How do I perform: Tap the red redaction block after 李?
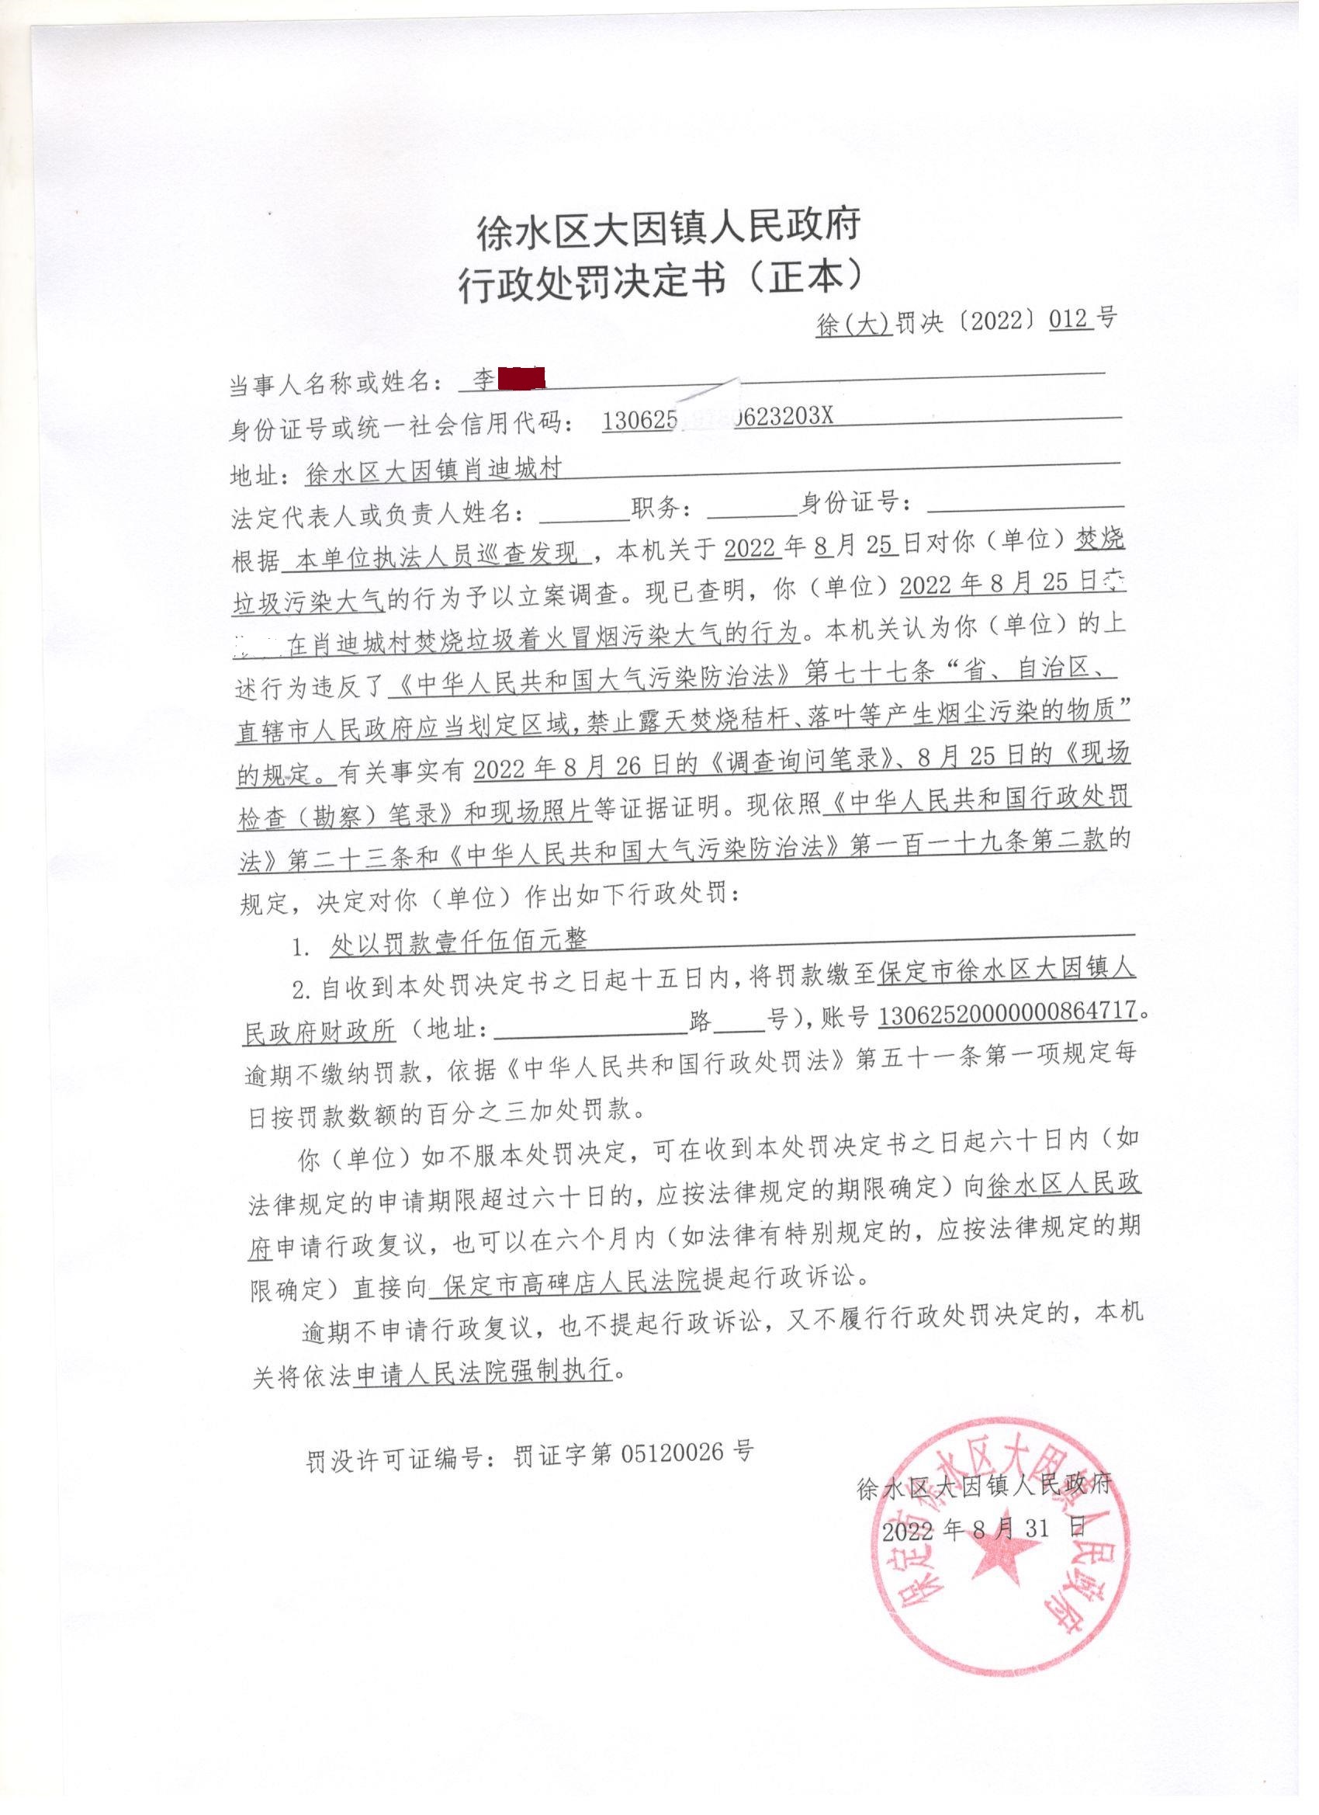pos(521,378)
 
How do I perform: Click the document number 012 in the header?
pos(1069,319)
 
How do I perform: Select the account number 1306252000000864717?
pos(1007,1012)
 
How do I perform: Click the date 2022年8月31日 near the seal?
pos(984,1528)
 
